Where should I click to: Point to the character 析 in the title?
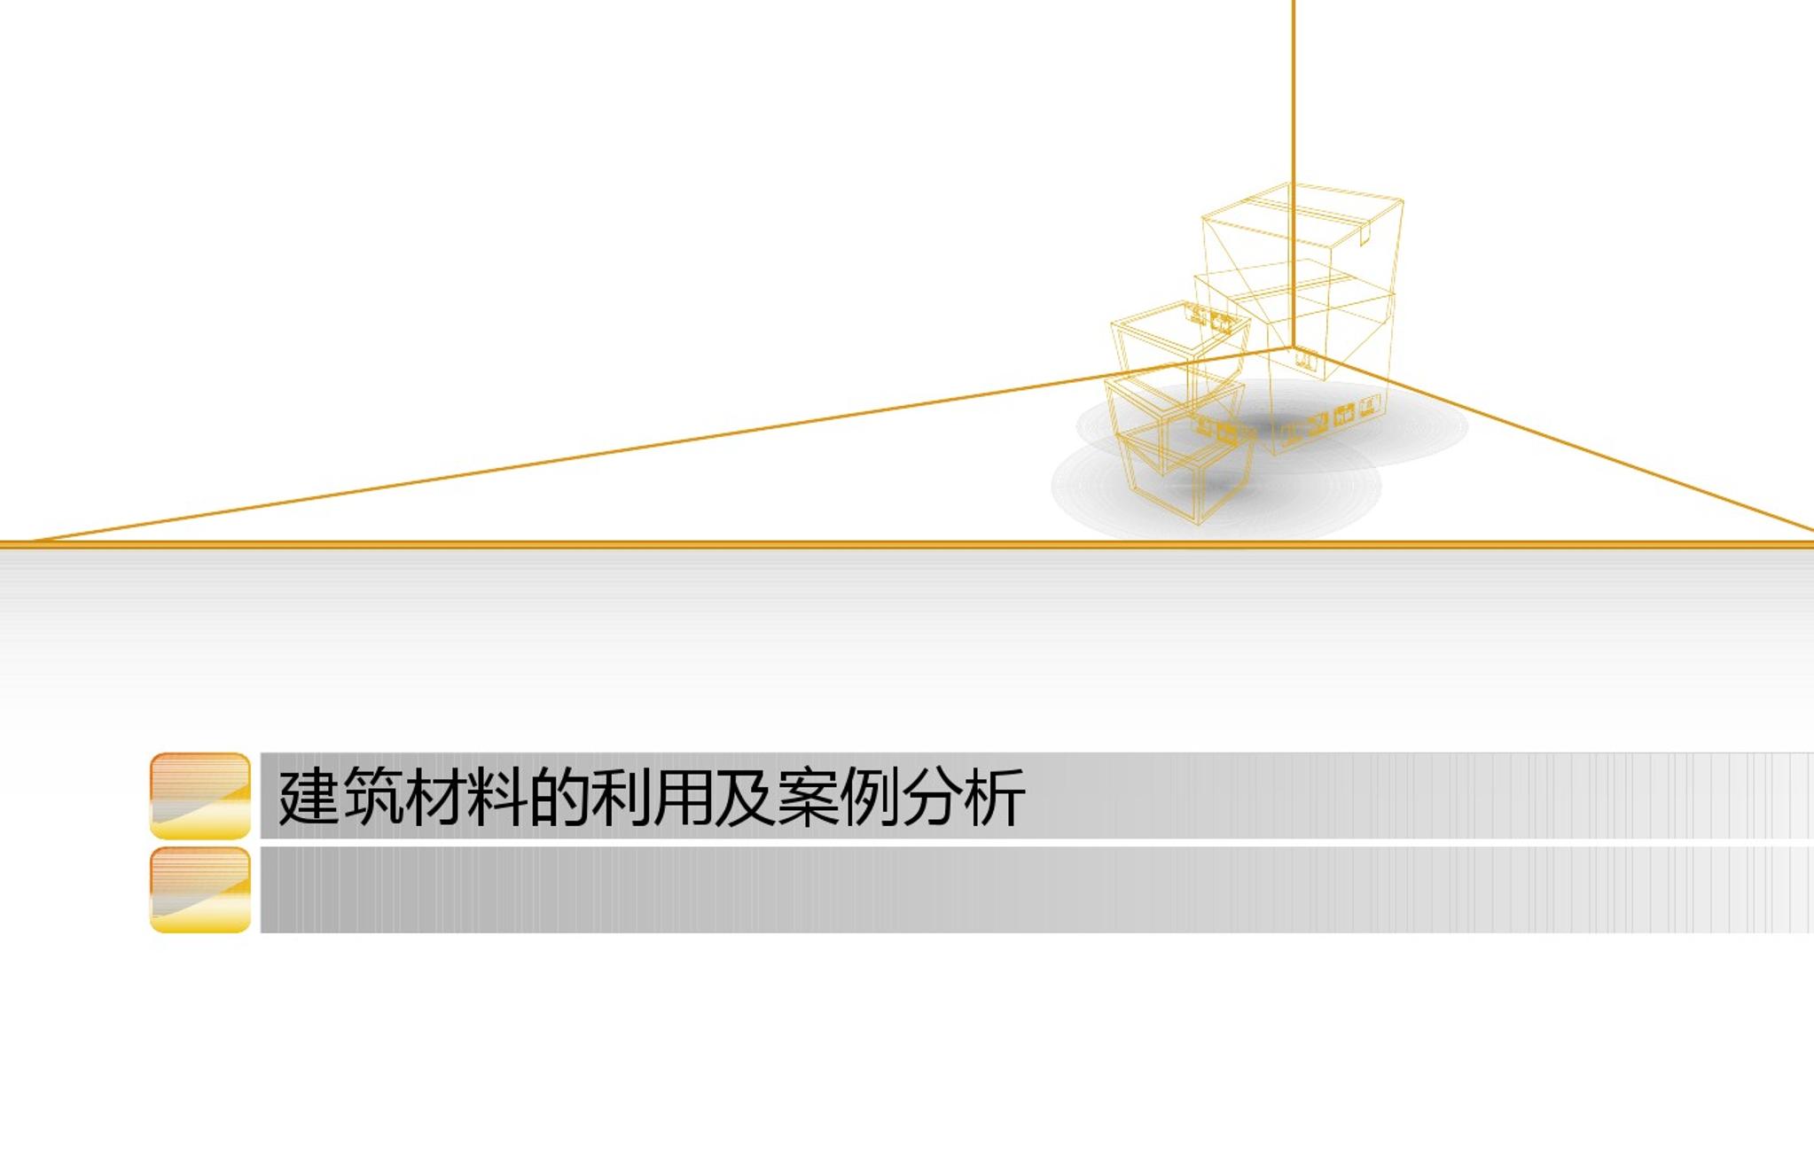tap(994, 796)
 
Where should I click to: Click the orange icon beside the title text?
tap(200, 796)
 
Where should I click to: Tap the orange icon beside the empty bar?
tap(200, 890)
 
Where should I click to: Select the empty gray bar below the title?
tap(1036, 890)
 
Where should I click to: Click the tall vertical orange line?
tap(1293, 174)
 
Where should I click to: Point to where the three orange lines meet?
tap(1293, 347)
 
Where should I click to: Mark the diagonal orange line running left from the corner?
tap(663, 443)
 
